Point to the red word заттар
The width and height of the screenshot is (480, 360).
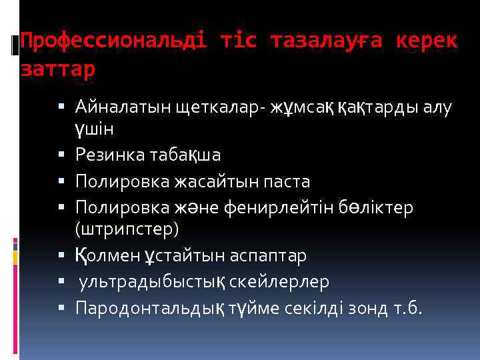[x=59, y=68]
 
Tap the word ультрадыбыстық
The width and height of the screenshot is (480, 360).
[x=152, y=282]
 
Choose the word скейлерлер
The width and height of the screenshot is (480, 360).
[x=279, y=282]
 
